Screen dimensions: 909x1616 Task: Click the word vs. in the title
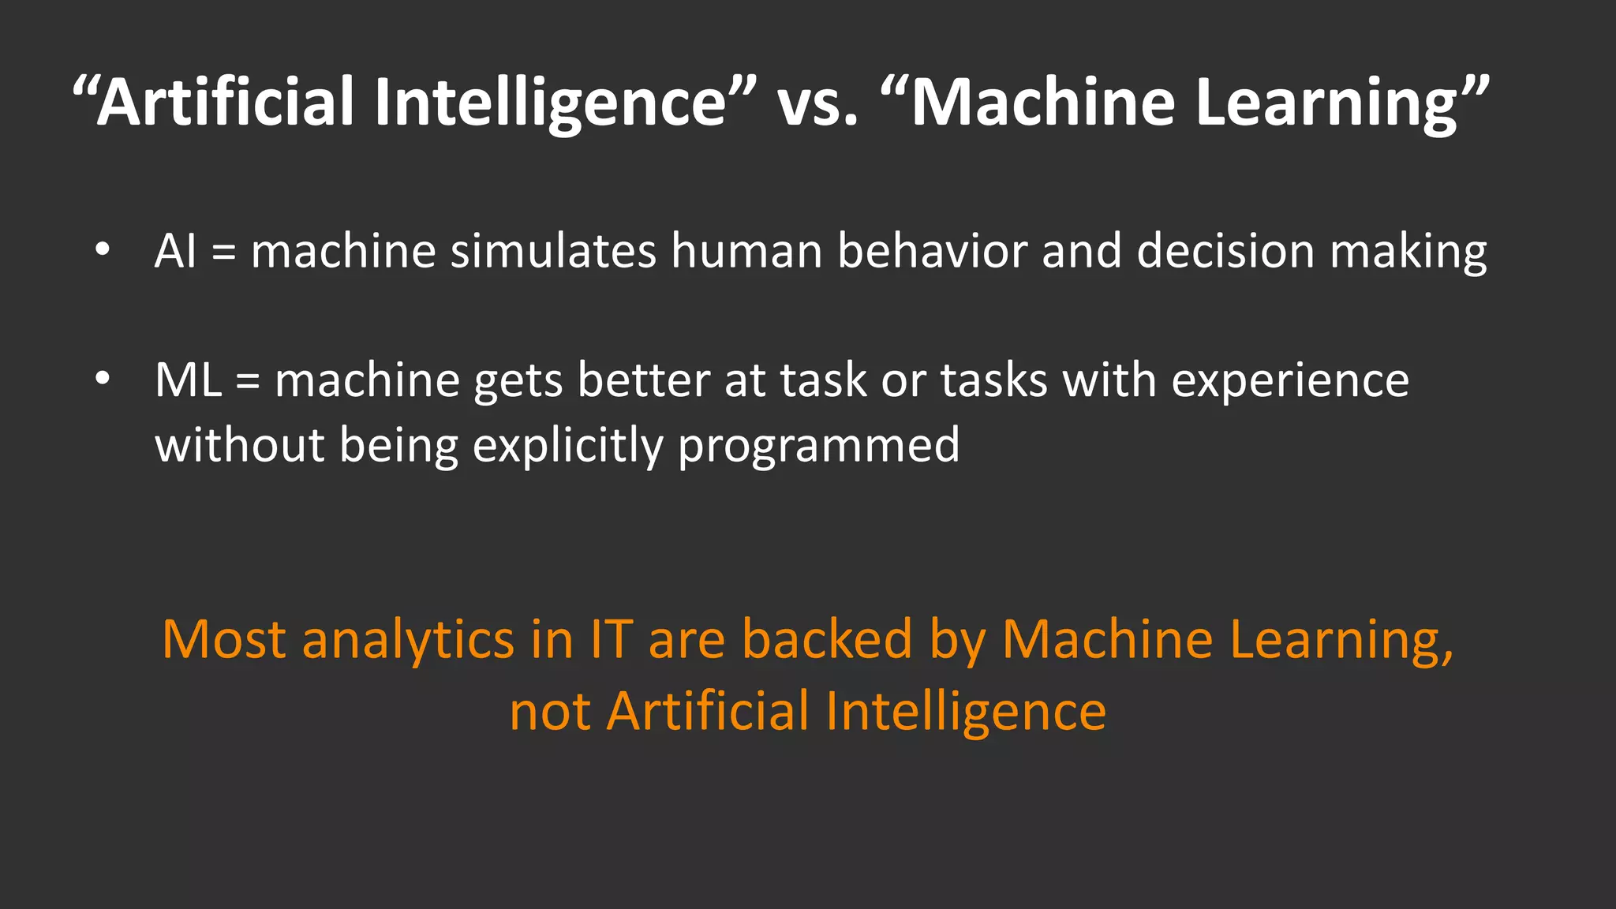click(817, 103)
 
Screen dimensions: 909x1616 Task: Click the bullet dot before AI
click(102, 250)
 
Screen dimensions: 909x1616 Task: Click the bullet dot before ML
click(102, 379)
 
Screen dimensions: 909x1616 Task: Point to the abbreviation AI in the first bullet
click(175, 251)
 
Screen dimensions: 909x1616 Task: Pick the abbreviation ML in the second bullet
click(188, 380)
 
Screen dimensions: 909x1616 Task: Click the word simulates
click(553, 251)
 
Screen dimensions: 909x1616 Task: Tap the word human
click(746, 251)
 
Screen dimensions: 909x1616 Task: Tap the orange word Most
click(223, 639)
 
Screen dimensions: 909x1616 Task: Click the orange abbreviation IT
click(612, 639)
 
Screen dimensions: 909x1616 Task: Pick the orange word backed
click(827, 639)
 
